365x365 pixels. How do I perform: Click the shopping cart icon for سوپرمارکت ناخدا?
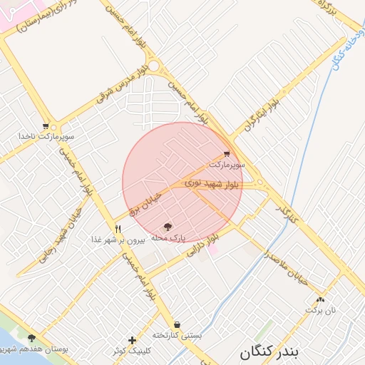tap(46, 125)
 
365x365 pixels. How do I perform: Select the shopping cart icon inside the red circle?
tap(227, 154)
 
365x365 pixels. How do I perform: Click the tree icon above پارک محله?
tap(168, 226)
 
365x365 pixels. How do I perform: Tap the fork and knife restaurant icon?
tap(118, 229)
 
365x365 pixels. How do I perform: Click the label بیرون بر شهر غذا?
tap(118, 240)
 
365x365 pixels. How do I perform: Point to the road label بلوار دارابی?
tap(201, 247)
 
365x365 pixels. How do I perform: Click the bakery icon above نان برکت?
tap(320, 299)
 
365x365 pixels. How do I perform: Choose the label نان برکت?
tap(320, 310)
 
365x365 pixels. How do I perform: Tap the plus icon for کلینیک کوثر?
tap(132, 340)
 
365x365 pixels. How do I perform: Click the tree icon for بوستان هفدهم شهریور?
tap(31, 338)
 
